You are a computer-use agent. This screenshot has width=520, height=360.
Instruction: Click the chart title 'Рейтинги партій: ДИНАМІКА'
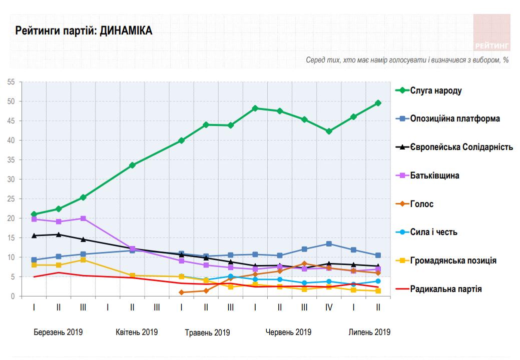pos(84,31)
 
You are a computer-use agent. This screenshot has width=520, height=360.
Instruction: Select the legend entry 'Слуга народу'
pos(435,90)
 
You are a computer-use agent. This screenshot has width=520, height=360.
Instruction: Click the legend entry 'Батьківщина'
pos(434,175)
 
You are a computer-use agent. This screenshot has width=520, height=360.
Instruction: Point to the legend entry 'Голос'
pos(421,204)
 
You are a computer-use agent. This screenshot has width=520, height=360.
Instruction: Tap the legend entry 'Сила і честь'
pos(433,232)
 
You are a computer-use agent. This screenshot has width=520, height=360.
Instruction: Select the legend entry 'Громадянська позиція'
pos(453,260)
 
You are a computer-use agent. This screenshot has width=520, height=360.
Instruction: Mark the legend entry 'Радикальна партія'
pos(446,288)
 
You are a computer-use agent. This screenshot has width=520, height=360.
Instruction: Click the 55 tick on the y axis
pos(12,82)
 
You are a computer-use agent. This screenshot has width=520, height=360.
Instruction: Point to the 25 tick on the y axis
pos(12,199)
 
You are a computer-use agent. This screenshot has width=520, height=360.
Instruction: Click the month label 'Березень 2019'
pos(58,332)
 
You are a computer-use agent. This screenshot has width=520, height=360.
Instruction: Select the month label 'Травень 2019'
pos(207,332)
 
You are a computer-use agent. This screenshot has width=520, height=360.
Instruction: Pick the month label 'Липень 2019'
pos(369,332)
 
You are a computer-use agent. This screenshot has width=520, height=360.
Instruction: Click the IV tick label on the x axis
pos(329,307)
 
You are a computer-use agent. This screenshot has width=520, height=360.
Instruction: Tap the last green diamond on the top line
pos(378,103)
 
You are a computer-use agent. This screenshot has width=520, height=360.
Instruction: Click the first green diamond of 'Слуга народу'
pos(34,214)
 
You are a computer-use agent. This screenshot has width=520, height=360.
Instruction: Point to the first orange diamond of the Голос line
pos(181,292)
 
